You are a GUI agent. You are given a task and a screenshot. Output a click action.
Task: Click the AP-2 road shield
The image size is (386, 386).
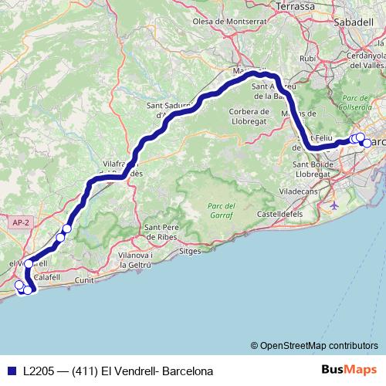click(20, 222)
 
